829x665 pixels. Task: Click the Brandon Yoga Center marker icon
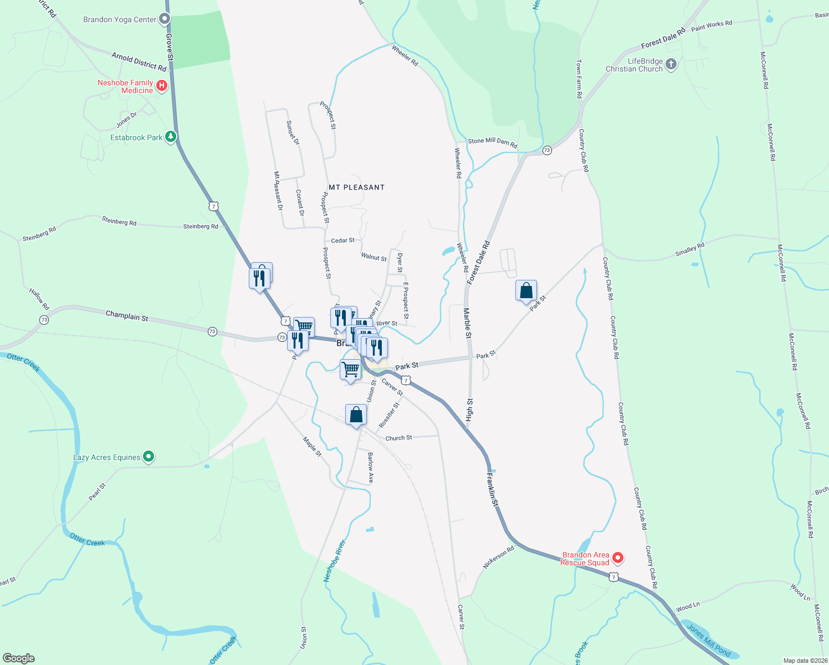(165, 19)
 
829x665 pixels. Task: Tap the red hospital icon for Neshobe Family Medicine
(162, 85)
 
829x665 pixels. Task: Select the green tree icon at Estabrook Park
(171, 136)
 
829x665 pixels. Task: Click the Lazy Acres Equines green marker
(148, 457)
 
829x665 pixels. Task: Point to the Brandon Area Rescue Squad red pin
(617, 558)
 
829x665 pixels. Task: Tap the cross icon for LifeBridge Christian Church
(671, 64)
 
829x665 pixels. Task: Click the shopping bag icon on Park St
(526, 291)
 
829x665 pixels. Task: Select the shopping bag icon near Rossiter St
(356, 415)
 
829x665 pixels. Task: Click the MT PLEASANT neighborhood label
(356, 187)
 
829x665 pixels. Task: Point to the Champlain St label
(127, 316)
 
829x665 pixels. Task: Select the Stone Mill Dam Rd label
(493, 143)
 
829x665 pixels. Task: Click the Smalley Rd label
(689, 249)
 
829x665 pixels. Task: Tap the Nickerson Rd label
(499, 557)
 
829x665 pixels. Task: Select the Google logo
(19, 658)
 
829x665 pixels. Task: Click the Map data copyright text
(804, 661)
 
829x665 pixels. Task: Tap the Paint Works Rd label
(712, 25)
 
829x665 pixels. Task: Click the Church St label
(398, 438)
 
